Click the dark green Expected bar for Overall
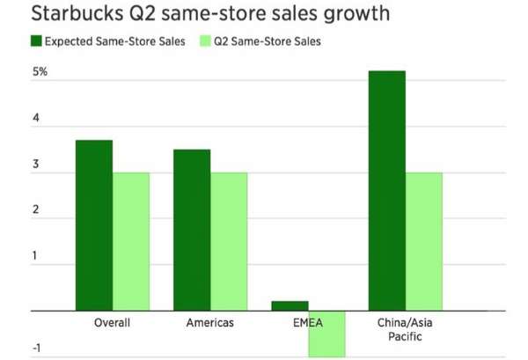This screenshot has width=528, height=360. pos(94,225)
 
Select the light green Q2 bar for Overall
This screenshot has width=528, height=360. pos(131,241)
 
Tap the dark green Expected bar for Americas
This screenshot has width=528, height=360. pos(192,230)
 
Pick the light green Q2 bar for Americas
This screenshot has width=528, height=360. pos(229,241)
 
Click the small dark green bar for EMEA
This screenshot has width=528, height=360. pos(290,305)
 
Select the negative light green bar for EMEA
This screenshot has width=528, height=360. pos(326,334)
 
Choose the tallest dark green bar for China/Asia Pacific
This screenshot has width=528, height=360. pos(387,190)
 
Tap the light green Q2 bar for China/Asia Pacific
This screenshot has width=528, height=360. pos(424,241)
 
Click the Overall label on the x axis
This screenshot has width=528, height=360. pos(113,323)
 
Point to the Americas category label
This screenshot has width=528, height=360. pos(210,323)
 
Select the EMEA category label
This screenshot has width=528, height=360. pos(308,323)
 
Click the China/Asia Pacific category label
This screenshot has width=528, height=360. pos(406,329)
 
